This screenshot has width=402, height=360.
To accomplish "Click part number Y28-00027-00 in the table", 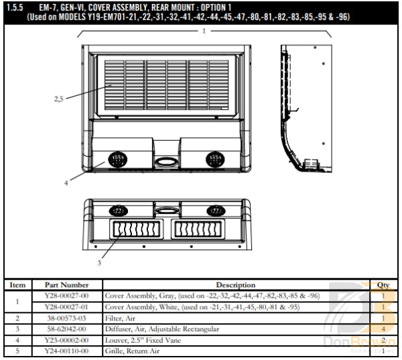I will click(x=66, y=296).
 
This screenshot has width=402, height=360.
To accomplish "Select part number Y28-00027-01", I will click(x=66, y=307).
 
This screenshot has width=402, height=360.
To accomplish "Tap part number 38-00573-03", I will click(x=66, y=318).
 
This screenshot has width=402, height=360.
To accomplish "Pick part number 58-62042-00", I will click(x=66, y=329).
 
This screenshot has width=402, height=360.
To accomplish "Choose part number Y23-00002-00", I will click(x=66, y=341).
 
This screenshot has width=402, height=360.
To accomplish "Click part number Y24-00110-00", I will click(x=66, y=351).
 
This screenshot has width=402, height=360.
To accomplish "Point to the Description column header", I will click(x=235, y=285).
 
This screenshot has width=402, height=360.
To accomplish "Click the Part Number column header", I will click(x=66, y=285).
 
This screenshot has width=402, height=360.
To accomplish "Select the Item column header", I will click(x=17, y=285).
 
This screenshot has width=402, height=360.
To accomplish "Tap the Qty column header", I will click(x=383, y=285).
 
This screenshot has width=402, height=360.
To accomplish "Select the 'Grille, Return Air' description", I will click(x=132, y=351).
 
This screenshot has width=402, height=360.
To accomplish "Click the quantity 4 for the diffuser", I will click(x=383, y=329).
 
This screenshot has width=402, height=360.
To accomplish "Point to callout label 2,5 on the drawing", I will click(x=59, y=99).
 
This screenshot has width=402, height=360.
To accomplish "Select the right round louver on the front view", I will click(x=215, y=160).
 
